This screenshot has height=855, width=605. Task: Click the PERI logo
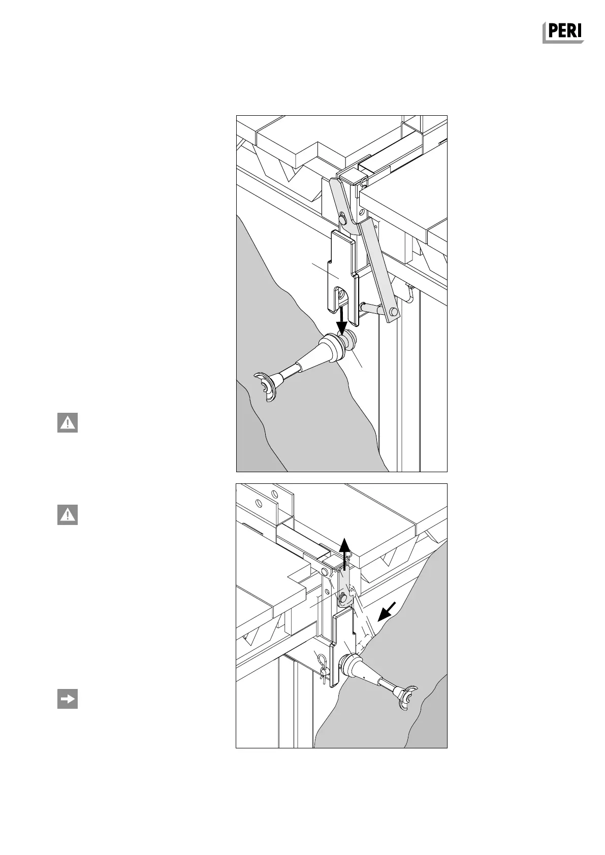coord(563,32)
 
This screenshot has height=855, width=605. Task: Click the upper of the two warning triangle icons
coord(67,423)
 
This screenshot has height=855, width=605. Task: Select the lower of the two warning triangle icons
coord(67,515)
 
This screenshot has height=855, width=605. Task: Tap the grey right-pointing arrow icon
coord(67,699)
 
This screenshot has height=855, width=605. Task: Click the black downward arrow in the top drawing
coord(343,319)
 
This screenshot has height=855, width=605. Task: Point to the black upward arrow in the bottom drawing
coord(345,551)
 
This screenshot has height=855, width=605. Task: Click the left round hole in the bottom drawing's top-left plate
coord(259,503)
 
